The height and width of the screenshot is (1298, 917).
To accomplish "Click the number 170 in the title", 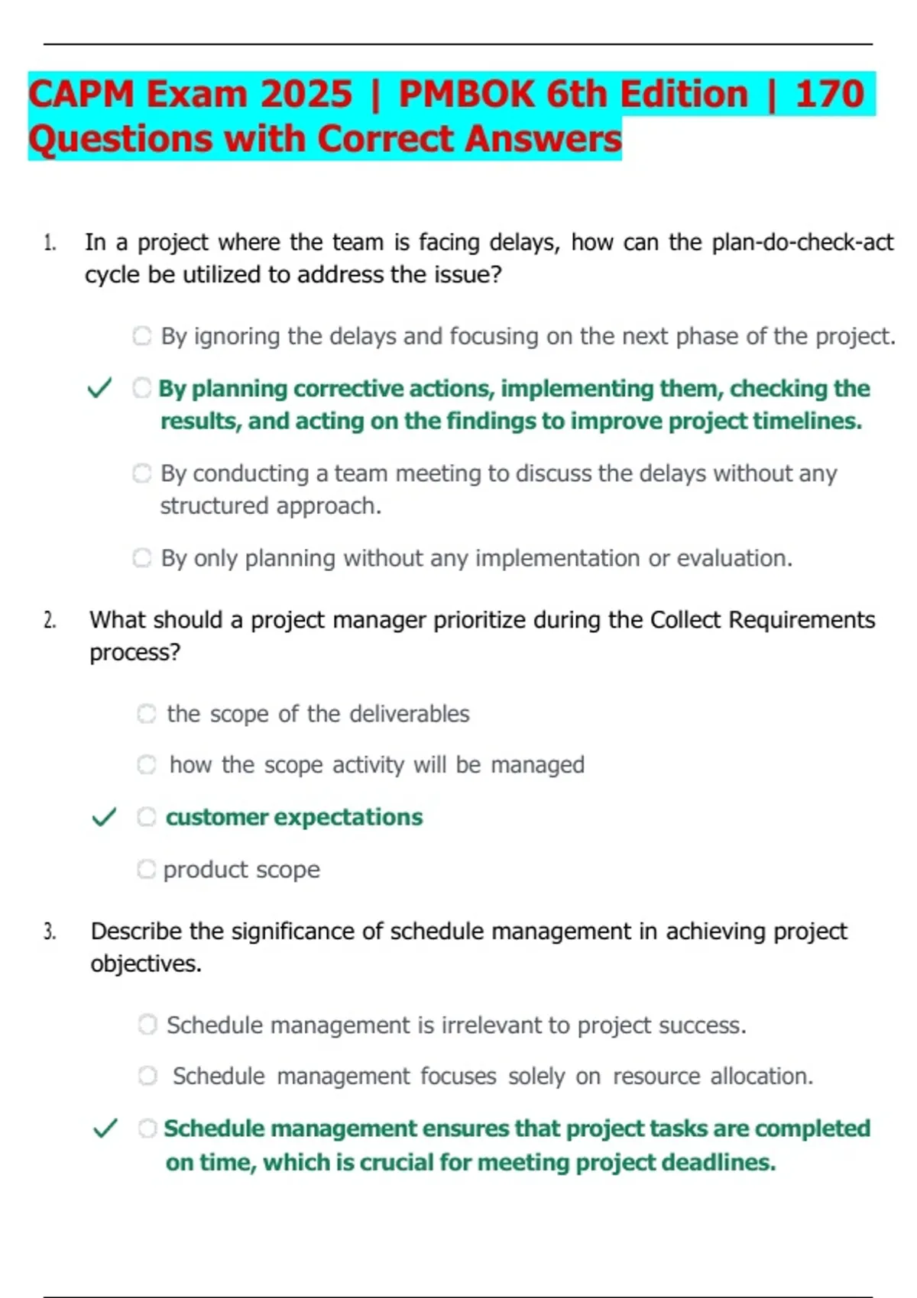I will [829, 95].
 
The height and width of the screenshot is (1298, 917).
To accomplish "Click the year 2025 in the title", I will [306, 95].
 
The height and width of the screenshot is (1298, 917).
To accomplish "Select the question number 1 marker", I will [50, 244].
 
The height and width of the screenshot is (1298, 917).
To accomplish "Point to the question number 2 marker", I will [50, 621].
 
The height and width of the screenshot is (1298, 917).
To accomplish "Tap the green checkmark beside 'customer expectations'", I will [104, 818].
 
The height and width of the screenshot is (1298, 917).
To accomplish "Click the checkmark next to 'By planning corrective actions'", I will [100, 389].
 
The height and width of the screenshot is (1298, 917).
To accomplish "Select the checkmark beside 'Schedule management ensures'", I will [105, 1128].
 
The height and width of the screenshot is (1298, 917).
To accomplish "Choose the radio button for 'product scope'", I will [146, 869].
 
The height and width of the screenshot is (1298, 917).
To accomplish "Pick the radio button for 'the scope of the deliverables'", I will [146, 714].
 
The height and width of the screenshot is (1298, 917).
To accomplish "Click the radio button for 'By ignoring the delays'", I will [142, 336].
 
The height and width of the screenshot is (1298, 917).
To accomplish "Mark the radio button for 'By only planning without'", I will [142, 558].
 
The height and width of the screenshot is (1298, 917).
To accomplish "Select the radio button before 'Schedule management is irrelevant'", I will [147, 1025].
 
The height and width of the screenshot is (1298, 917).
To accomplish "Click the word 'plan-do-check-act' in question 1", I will [802, 243].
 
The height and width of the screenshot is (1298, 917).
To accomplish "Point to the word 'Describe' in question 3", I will [136, 932].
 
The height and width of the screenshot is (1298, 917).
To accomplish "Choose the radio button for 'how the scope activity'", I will [147, 764].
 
